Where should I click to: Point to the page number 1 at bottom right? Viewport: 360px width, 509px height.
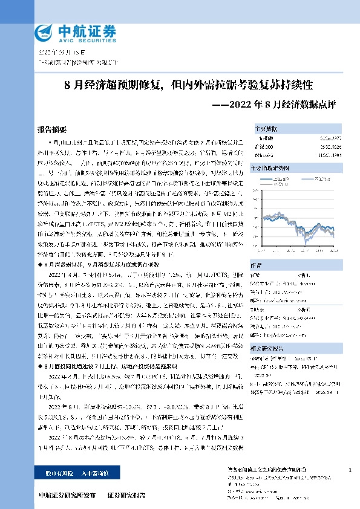click(x=350, y=470)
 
